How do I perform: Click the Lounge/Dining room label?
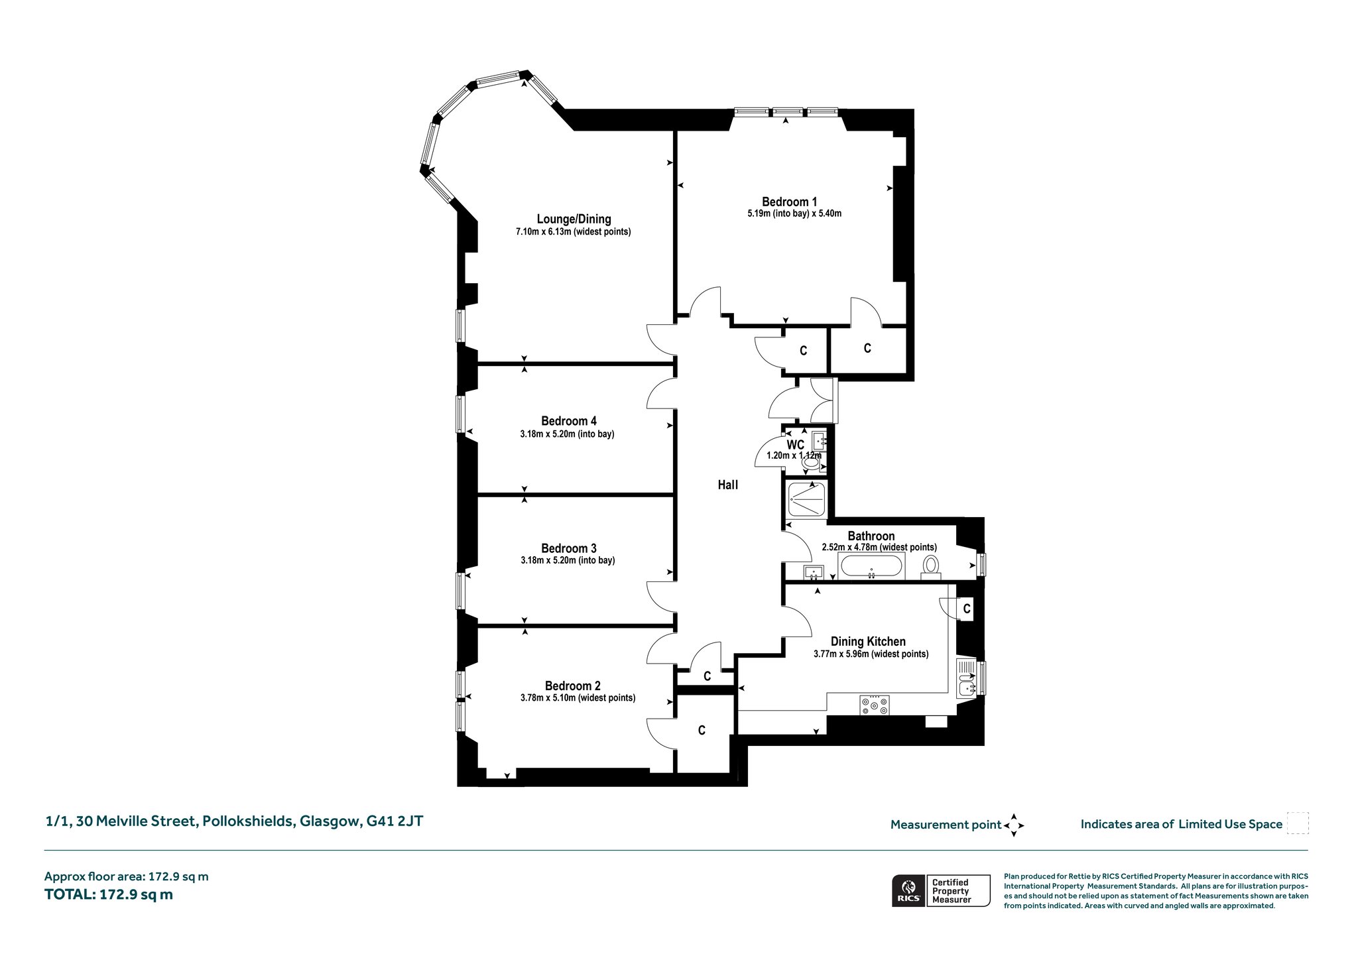574,219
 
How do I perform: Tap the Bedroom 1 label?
789,202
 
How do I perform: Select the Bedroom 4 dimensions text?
567,434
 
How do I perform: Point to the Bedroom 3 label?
568,548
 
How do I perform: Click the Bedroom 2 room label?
572,686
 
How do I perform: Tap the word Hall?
727,485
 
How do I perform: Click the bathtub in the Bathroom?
871,568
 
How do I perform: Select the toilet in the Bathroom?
931,566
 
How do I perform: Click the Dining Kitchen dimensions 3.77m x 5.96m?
871,654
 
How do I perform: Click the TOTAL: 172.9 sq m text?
109,894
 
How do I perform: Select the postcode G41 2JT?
395,821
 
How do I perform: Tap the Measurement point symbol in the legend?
1014,825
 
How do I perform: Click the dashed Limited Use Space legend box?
1297,823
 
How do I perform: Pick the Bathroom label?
871,536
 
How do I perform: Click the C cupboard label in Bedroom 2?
702,730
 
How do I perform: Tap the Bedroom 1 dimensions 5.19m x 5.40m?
794,213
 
